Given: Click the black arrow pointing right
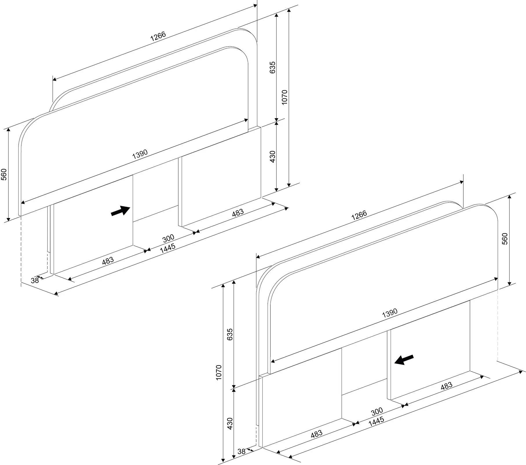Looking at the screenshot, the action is click(x=120, y=210).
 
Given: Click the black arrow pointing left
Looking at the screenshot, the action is click(x=404, y=360).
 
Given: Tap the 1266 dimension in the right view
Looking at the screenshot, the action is click(x=359, y=215).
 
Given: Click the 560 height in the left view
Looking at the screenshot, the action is click(x=4, y=175).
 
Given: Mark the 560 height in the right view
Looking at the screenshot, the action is click(x=505, y=239).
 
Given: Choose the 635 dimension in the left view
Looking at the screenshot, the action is click(x=272, y=67).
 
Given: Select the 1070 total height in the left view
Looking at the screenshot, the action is click(x=284, y=97).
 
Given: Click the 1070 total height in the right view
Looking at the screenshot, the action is click(x=219, y=372).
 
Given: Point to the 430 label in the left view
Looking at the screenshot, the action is click(x=272, y=157).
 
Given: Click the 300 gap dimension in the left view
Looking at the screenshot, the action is click(x=168, y=239).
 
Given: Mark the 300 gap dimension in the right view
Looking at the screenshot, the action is click(x=377, y=411).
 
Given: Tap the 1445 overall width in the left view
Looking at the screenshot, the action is click(x=168, y=248).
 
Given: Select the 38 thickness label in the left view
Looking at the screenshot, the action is click(x=35, y=281).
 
